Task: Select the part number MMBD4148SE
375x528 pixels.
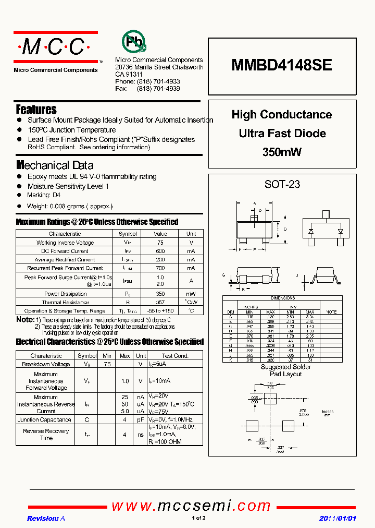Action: coord(282,65)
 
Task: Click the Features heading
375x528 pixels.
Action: coord(36,110)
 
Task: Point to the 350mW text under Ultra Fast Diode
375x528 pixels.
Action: coord(282,152)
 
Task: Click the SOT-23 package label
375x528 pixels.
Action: coord(282,184)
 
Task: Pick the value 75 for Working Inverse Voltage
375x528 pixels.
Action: coord(160,243)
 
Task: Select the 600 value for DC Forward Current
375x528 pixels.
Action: coord(160,251)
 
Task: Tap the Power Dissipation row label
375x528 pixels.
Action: coord(65,294)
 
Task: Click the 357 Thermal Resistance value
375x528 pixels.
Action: coord(160,302)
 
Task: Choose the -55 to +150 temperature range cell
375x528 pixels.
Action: coord(160,310)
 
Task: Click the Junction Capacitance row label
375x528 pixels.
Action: coord(44,419)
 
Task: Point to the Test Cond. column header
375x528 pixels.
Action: coord(174,356)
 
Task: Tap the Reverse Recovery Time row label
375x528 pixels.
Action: coord(46,434)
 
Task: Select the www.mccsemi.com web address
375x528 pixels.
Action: coord(191,506)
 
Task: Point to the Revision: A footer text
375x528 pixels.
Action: coord(46,518)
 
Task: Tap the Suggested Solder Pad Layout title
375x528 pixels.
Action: coord(285,370)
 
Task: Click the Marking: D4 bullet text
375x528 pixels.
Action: coord(44,195)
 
